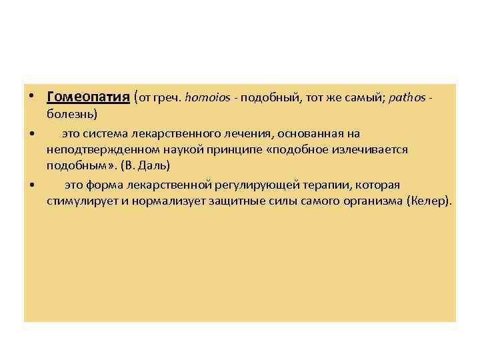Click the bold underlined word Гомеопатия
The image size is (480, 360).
point(88,97)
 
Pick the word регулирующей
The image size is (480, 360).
point(256,185)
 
